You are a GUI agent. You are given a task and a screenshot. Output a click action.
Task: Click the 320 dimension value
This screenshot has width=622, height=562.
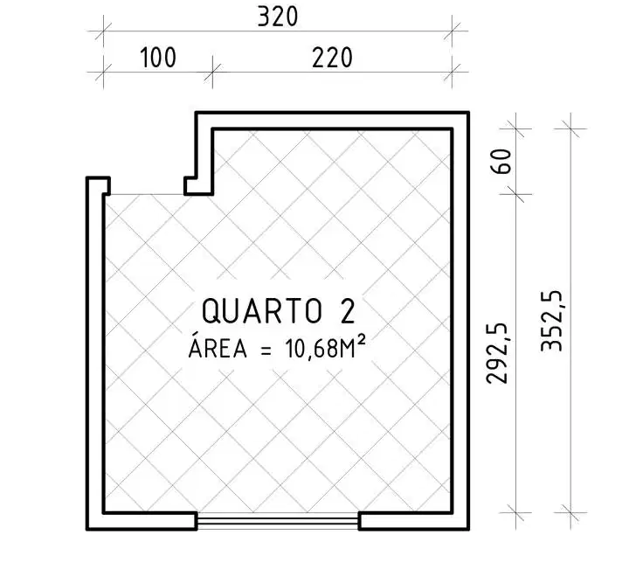click(277, 17)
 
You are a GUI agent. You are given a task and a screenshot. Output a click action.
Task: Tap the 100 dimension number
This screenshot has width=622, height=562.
click(158, 58)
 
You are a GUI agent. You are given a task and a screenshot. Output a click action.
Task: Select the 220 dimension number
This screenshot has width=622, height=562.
click(332, 58)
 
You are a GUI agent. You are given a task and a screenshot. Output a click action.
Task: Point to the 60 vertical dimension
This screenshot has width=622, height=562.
click(501, 161)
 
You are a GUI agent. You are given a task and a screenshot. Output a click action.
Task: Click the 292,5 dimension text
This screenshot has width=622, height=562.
click(497, 353)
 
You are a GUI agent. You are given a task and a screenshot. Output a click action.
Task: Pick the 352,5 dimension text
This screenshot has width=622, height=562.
click(551, 321)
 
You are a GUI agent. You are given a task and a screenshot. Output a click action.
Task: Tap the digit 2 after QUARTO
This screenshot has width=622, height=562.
click(347, 311)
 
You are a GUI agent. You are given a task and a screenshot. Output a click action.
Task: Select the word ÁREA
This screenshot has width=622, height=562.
click(218, 348)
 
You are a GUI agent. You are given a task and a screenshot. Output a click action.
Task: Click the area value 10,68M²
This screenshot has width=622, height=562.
click(324, 348)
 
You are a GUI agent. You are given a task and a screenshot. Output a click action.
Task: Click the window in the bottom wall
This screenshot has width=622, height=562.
click(278, 521)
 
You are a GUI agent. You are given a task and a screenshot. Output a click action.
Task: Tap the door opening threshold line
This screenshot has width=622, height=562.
click(147, 195)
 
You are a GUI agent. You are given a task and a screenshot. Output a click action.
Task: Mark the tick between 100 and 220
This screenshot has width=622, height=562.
click(212, 73)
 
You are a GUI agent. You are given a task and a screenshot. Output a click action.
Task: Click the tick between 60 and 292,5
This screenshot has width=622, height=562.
click(515, 194)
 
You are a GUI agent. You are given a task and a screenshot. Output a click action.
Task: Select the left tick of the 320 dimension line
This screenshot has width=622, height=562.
click(104, 31)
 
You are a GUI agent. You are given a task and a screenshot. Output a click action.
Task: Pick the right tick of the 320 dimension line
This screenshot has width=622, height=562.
click(453, 31)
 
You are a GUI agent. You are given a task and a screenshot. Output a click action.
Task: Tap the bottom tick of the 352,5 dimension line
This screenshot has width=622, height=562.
click(570, 512)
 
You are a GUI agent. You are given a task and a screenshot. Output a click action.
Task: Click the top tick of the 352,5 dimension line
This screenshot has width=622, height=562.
click(570, 128)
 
